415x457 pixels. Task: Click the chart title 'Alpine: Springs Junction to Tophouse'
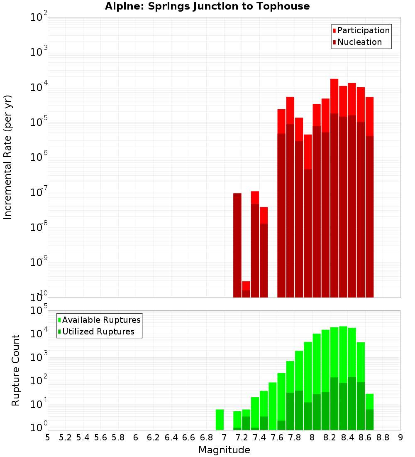[x=207, y=6]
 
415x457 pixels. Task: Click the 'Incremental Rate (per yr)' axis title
[x=8, y=157]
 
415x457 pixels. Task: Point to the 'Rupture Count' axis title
[x=16, y=370]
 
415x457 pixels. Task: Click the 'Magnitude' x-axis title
[x=224, y=450]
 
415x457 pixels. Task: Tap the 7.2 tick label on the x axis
[x=242, y=437]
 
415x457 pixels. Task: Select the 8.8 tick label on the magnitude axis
[x=383, y=437]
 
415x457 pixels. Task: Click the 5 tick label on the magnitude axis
[x=48, y=437]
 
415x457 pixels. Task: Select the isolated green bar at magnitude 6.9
[x=220, y=420]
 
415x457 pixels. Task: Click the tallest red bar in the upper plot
[x=334, y=96]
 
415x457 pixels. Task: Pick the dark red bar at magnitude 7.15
[x=237, y=245]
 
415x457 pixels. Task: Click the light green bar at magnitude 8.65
[x=369, y=401]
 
